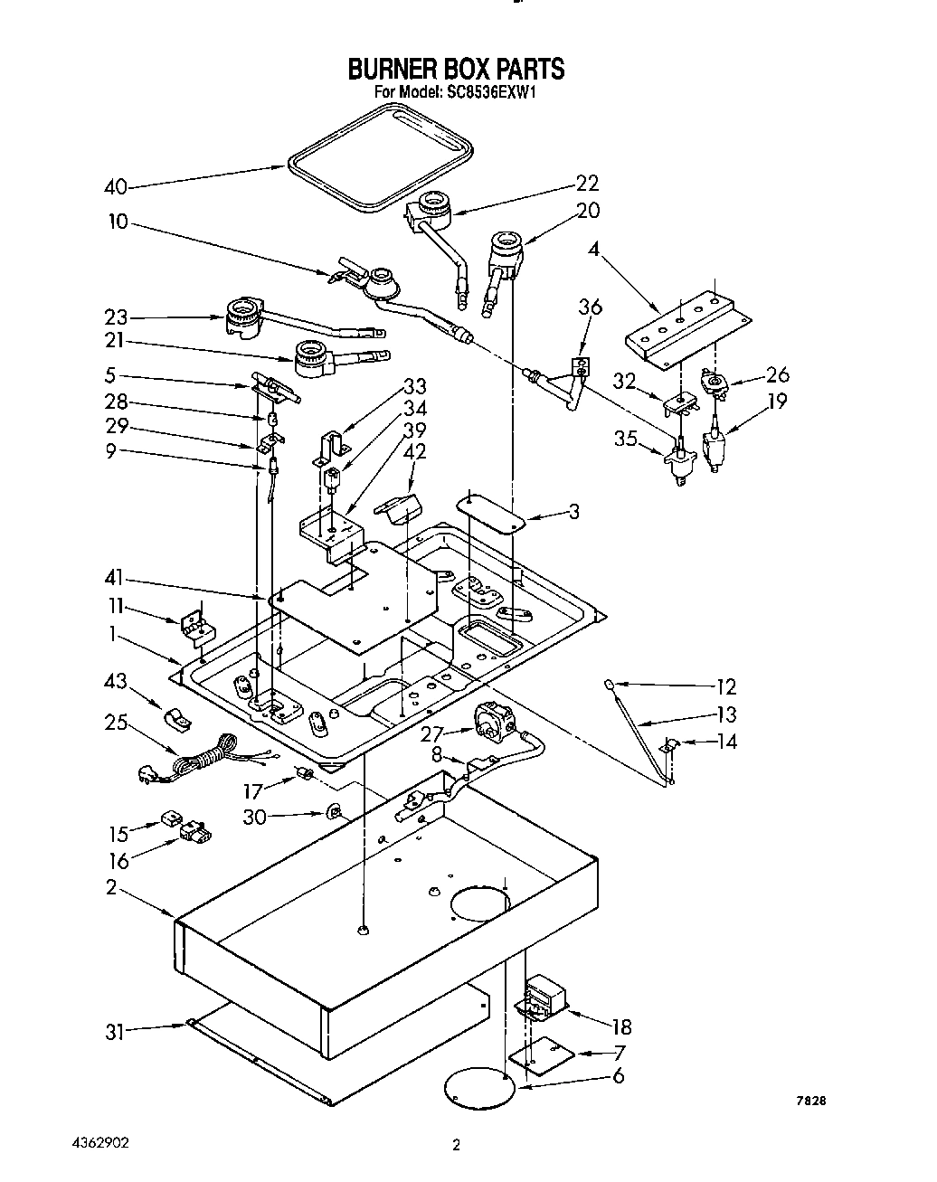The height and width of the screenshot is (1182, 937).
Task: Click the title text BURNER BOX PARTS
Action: [x=457, y=69]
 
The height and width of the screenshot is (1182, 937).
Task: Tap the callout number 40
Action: [x=115, y=187]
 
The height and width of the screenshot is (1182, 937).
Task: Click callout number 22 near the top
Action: [x=588, y=183]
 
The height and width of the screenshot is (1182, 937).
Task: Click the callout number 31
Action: [x=114, y=1032]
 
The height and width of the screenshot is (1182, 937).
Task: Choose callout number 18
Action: [x=620, y=1026]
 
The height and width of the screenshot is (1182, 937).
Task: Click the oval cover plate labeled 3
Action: [x=492, y=512]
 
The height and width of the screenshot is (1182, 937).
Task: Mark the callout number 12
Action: [x=725, y=686]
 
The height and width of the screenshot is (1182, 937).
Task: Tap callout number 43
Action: [x=115, y=680]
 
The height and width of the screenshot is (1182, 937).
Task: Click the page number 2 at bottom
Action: [x=457, y=1146]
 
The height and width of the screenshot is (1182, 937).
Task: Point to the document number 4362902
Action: [x=99, y=1142]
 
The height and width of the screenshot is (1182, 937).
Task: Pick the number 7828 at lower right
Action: [x=811, y=1102]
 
